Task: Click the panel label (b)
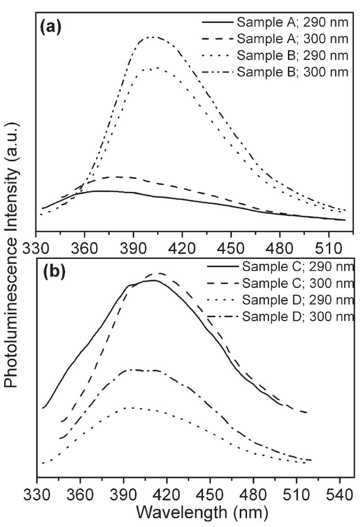pyautogui.click(x=54, y=271)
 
